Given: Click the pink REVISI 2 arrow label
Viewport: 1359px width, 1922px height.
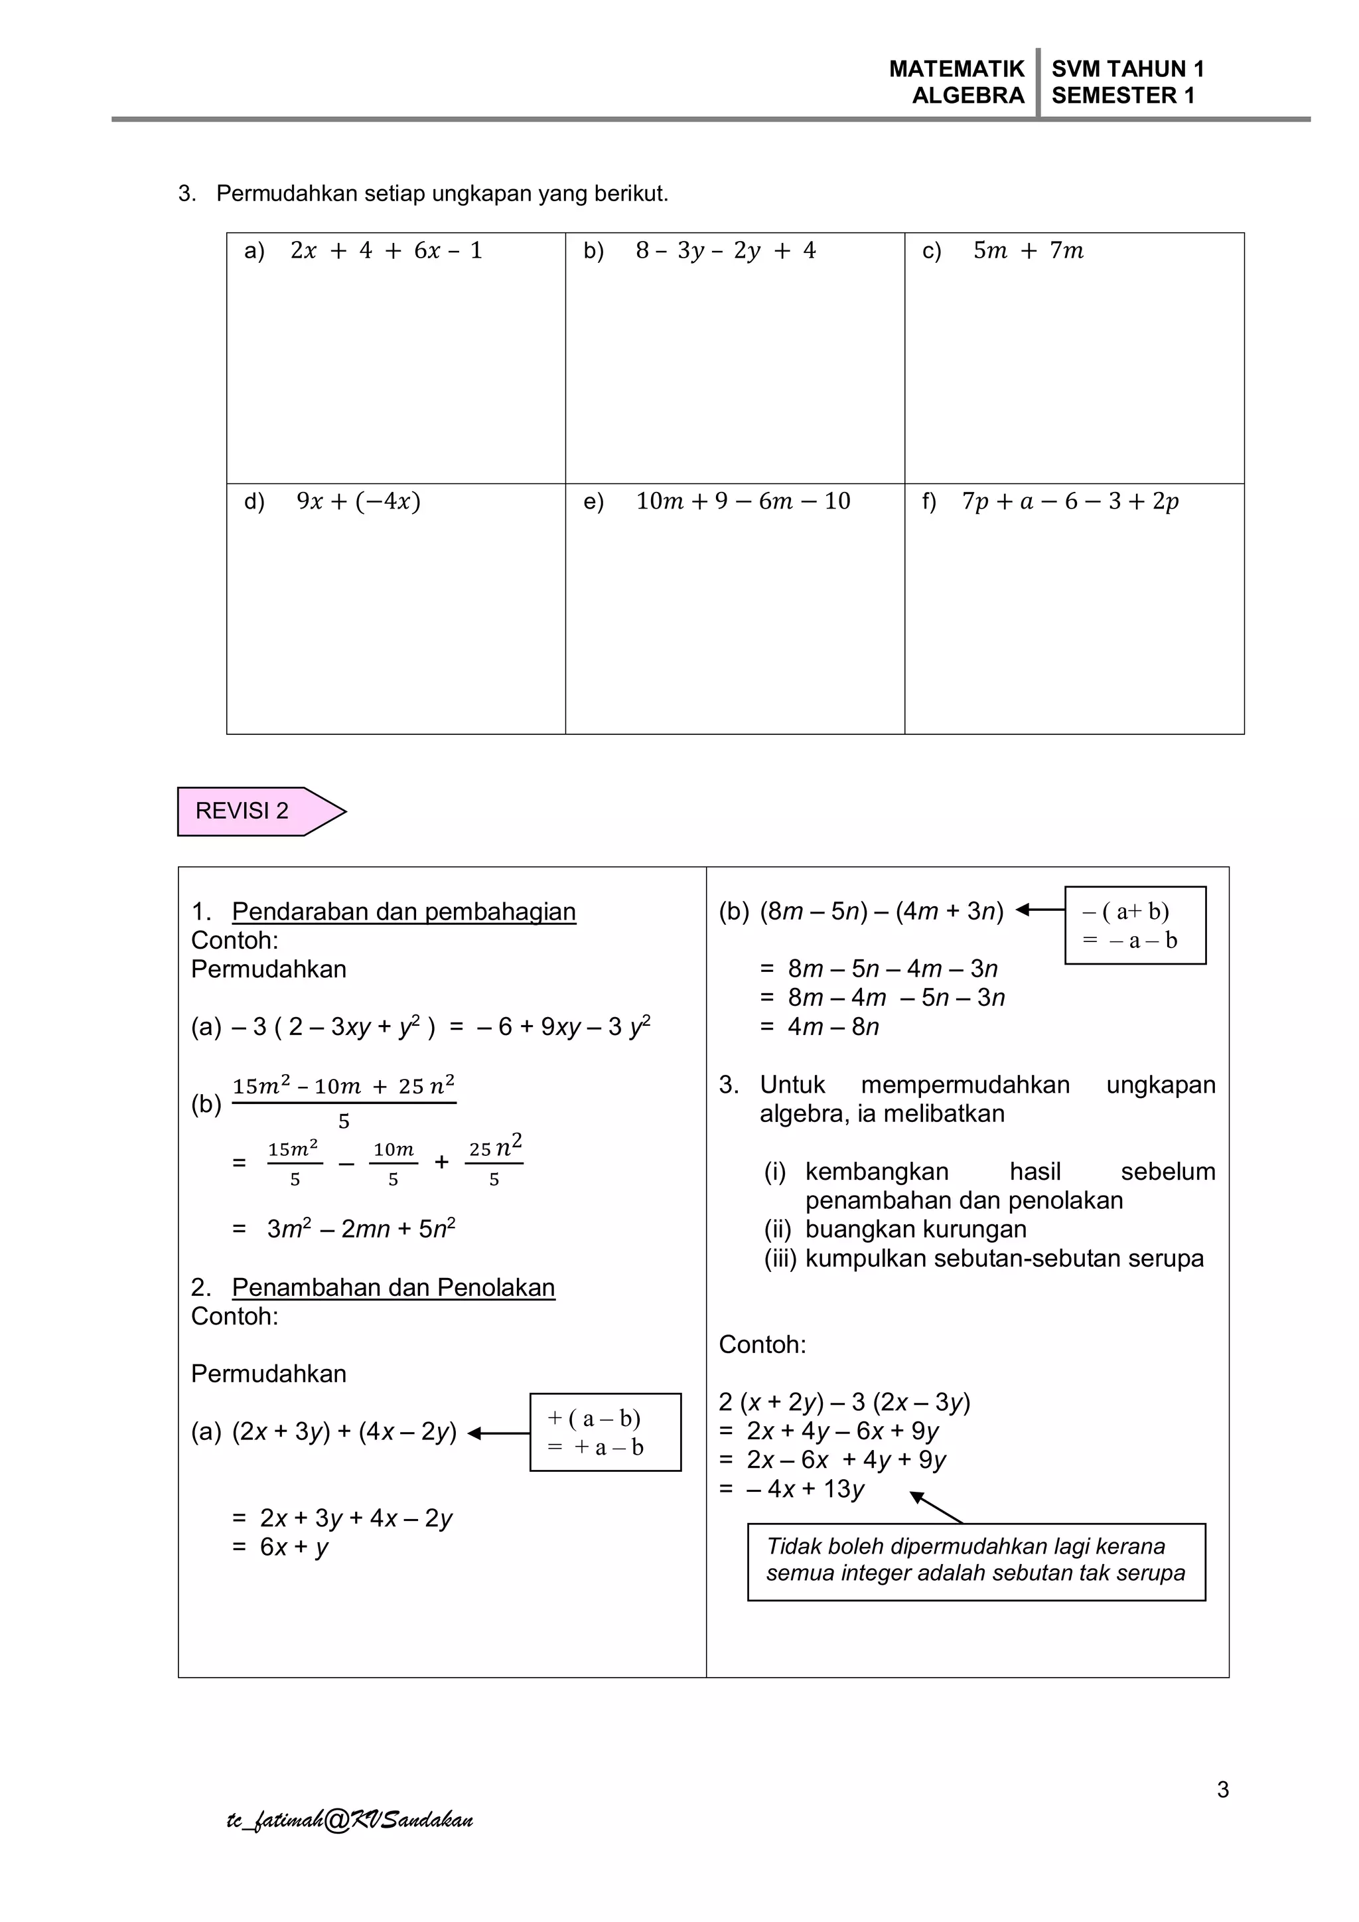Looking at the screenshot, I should [251, 811].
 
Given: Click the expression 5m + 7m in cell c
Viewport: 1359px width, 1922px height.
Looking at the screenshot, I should [1028, 250].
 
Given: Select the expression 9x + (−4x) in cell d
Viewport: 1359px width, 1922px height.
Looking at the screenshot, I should [358, 501].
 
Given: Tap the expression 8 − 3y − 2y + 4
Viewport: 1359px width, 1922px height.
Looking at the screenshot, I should [725, 250].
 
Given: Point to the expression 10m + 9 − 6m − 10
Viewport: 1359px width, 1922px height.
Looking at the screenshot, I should [743, 501].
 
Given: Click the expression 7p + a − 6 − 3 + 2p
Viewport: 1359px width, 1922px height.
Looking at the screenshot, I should [1070, 501].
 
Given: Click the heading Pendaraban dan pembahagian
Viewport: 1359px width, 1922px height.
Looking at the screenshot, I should [403, 912].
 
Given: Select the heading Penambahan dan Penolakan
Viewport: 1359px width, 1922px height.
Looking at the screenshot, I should [393, 1287].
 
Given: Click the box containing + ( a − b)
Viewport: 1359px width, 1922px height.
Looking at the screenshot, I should [605, 1432].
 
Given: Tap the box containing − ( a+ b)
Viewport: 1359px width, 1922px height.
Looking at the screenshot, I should [1135, 925].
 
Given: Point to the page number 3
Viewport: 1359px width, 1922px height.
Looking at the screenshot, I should [1222, 1790].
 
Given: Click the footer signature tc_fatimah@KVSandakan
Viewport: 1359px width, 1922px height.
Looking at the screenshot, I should [350, 1820].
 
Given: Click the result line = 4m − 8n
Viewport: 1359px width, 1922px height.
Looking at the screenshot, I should [820, 1026].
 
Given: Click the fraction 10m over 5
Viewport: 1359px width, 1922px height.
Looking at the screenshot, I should [393, 1162].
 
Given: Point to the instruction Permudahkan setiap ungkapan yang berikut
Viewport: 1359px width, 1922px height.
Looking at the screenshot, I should [442, 193].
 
